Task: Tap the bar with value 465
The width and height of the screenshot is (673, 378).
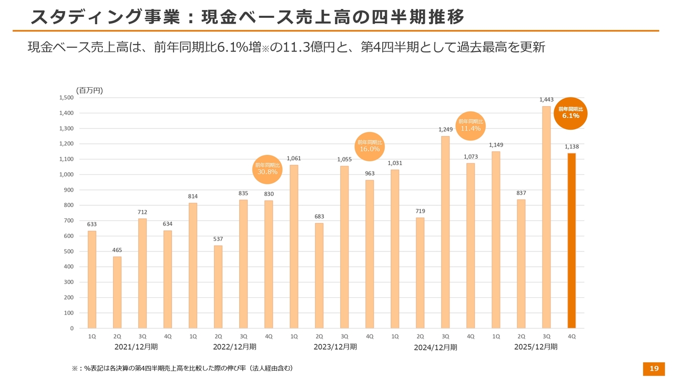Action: tap(117, 292)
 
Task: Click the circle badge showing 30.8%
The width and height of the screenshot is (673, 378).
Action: tap(267, 169)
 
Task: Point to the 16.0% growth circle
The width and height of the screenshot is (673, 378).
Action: tap(370, 146)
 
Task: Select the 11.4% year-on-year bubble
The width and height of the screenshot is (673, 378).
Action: tap(471, 126)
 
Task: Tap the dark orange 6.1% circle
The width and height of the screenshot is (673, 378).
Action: tap(570, 113)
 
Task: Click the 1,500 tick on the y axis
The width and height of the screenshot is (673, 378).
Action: tap(66, 98)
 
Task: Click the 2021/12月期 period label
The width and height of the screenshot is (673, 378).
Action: tap(136, 347)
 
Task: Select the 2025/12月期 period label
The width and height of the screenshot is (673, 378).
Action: tap(535, 347)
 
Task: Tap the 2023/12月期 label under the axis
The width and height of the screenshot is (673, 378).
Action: tap(335, 347)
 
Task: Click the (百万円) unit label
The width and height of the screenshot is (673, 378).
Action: tap(89, 90)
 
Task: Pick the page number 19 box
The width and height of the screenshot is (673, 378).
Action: tap(654, 369)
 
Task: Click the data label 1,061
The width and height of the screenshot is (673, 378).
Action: tap(294, 159)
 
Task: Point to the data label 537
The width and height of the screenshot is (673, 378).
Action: tap(218, 239)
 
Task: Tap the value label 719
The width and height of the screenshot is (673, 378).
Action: tap(420, 211)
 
